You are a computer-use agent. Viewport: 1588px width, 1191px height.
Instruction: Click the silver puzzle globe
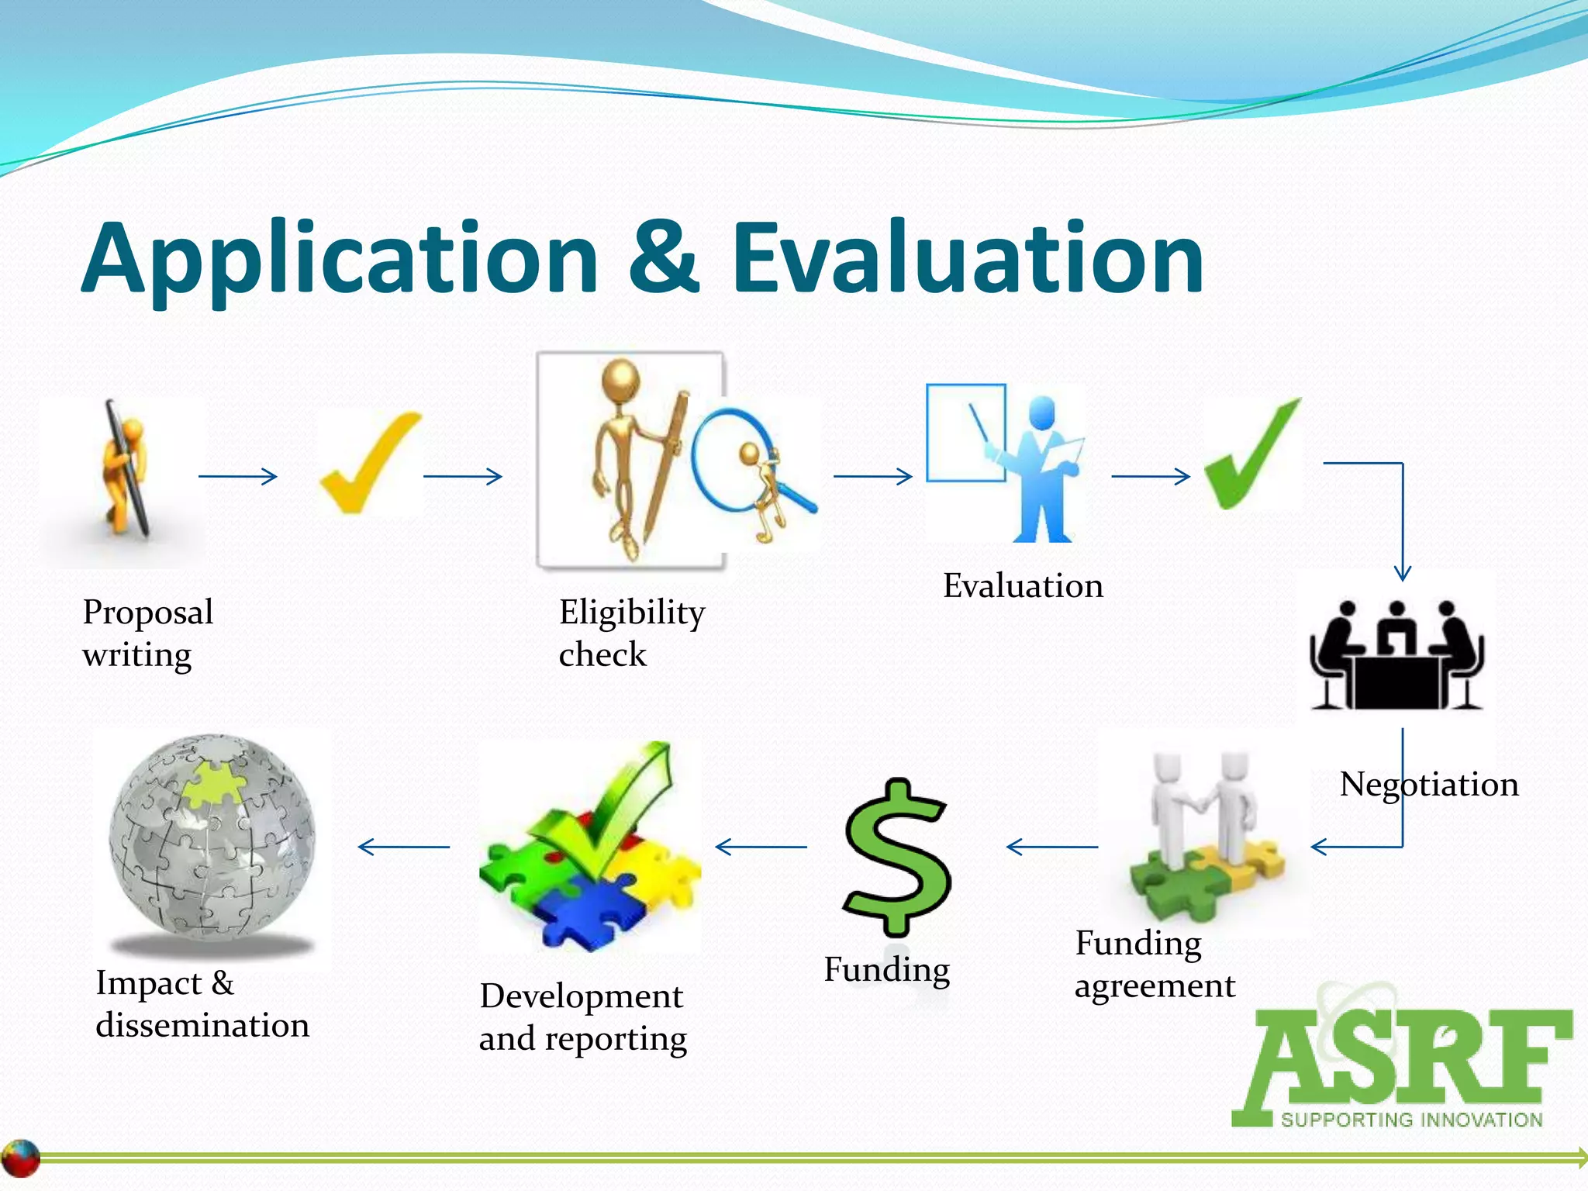pyautogui.click(x=212, y=841)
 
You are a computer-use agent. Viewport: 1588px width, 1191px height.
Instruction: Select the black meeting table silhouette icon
pyautogui.click(x=1396, y=655)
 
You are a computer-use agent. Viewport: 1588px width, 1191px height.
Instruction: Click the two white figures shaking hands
pyautogui.click(x=1202, y=814)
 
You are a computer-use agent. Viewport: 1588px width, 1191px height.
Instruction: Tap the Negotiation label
pyautogui.click(x=1428, y=785)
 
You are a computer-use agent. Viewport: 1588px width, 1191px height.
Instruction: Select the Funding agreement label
pyautogui.click(x=1154, y=965)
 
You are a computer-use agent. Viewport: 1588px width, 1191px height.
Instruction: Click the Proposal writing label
pyautogui.click(x=147, y=633)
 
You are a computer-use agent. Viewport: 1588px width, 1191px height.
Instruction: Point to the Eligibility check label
pyautogui.click(x=631, y=633)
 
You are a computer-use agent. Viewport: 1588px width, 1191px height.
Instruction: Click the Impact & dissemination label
pyautogui.click(x=202, y=1004)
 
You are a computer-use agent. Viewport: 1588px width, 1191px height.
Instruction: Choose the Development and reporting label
pyautogui.click(x=582, y=1017)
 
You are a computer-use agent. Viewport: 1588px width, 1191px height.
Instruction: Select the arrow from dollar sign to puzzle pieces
pyautogui.click(x=760, y=847)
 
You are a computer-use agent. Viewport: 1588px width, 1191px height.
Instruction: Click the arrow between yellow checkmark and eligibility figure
pyautogui.click(x=462, y=476)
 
